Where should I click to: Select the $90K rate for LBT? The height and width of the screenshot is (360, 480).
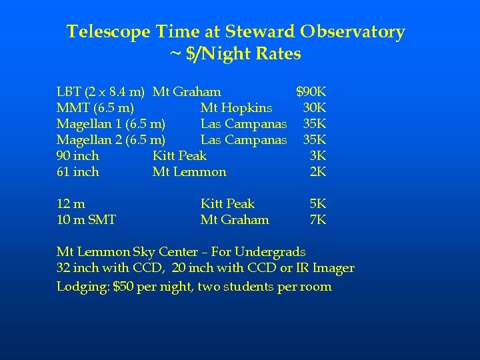tap(311, 91)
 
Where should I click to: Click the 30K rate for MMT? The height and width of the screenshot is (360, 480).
tap(314, 107)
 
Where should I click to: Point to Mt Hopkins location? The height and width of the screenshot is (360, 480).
tap(236, 107)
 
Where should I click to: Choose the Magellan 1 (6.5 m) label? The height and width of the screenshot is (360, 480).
tap(111, 123)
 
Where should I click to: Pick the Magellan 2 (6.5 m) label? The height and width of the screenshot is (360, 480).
tap(111, 139)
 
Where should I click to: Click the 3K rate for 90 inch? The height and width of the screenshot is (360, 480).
tap(318, 155)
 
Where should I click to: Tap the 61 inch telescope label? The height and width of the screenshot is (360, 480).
tap(77, 171)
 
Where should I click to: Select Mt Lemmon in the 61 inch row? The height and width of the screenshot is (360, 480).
tap(189, 171)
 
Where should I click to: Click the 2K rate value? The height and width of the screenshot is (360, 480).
tap(318, 171)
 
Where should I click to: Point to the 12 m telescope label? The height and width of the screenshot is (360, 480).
tap(71, 203)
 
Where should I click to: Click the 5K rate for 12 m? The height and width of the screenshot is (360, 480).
tap(318, 203)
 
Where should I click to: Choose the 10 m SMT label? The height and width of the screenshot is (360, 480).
tap(86, 219)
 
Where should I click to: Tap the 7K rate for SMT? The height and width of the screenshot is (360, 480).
tap(318, 219)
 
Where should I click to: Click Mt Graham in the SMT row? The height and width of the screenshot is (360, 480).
tap(235, 219)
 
